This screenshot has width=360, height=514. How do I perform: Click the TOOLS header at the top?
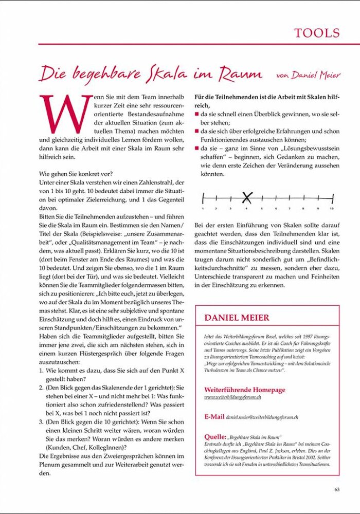click(317, 33)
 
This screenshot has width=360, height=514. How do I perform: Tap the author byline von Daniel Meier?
click(308, 75)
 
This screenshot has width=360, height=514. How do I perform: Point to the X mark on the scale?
click(247, 197)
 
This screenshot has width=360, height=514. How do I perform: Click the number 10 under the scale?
click(332, 209)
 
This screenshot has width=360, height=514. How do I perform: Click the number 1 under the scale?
click(203, 209)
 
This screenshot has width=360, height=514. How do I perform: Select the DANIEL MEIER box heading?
click(237, 318)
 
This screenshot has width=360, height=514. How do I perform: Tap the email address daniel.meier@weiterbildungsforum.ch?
click(262, 417)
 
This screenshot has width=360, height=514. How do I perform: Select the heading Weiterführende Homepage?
click(244, 390)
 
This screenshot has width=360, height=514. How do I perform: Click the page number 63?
click(337, 489)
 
